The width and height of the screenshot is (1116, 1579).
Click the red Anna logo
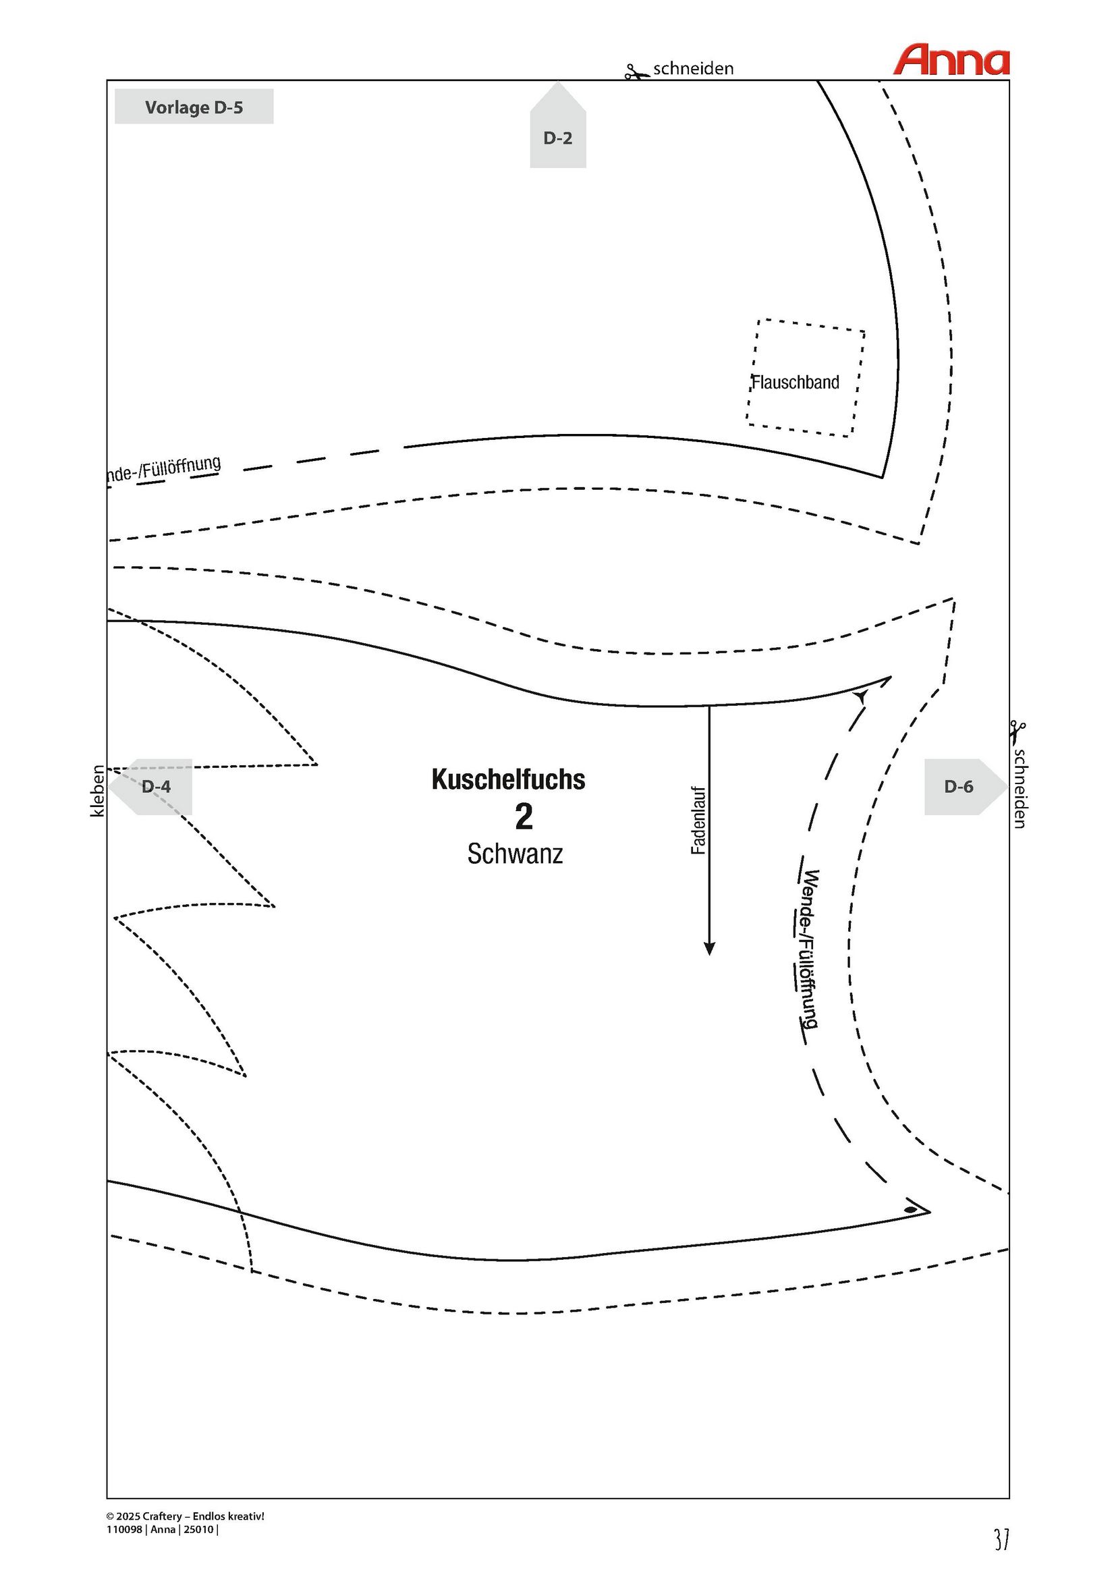951,60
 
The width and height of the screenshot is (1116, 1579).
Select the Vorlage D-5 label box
194,107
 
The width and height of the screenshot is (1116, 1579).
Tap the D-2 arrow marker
557,125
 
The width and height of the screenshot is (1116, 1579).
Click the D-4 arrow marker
150,787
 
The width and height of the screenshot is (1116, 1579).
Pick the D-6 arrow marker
966,787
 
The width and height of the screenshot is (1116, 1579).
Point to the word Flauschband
795,383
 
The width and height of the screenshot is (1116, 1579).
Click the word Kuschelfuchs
508,779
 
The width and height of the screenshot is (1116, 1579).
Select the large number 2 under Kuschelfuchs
524,817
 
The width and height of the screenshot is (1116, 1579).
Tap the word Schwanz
515,854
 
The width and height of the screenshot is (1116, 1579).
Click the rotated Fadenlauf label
698,821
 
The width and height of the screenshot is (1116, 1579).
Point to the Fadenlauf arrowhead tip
710,955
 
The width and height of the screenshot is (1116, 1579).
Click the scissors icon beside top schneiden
637,72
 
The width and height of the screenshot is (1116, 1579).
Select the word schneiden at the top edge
693,69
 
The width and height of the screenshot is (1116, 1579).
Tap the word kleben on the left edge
98,791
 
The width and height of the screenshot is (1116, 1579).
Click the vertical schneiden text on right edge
1020,789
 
